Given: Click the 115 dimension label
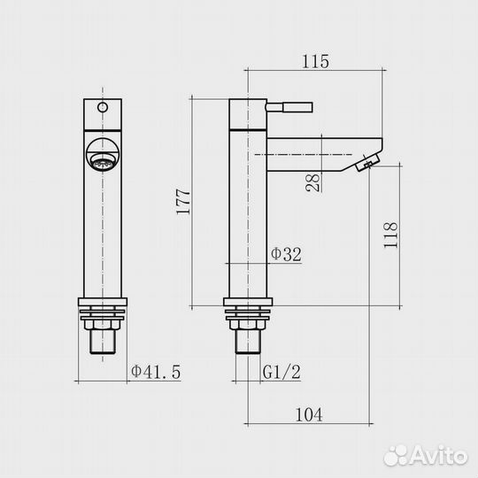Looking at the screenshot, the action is point(315,61).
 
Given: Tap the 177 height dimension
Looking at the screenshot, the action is point(183,202).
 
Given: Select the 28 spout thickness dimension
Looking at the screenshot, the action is point(313,182).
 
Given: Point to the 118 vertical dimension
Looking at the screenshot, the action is point(390,235).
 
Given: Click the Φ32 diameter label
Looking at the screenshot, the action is point(286,254).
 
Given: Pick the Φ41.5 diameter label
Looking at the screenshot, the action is point(156,372).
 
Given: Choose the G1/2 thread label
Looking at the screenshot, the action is point(281,372).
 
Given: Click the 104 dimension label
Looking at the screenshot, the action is point(309,414).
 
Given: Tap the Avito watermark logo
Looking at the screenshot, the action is point(426,456).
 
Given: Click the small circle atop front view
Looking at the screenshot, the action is point(103,107).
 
